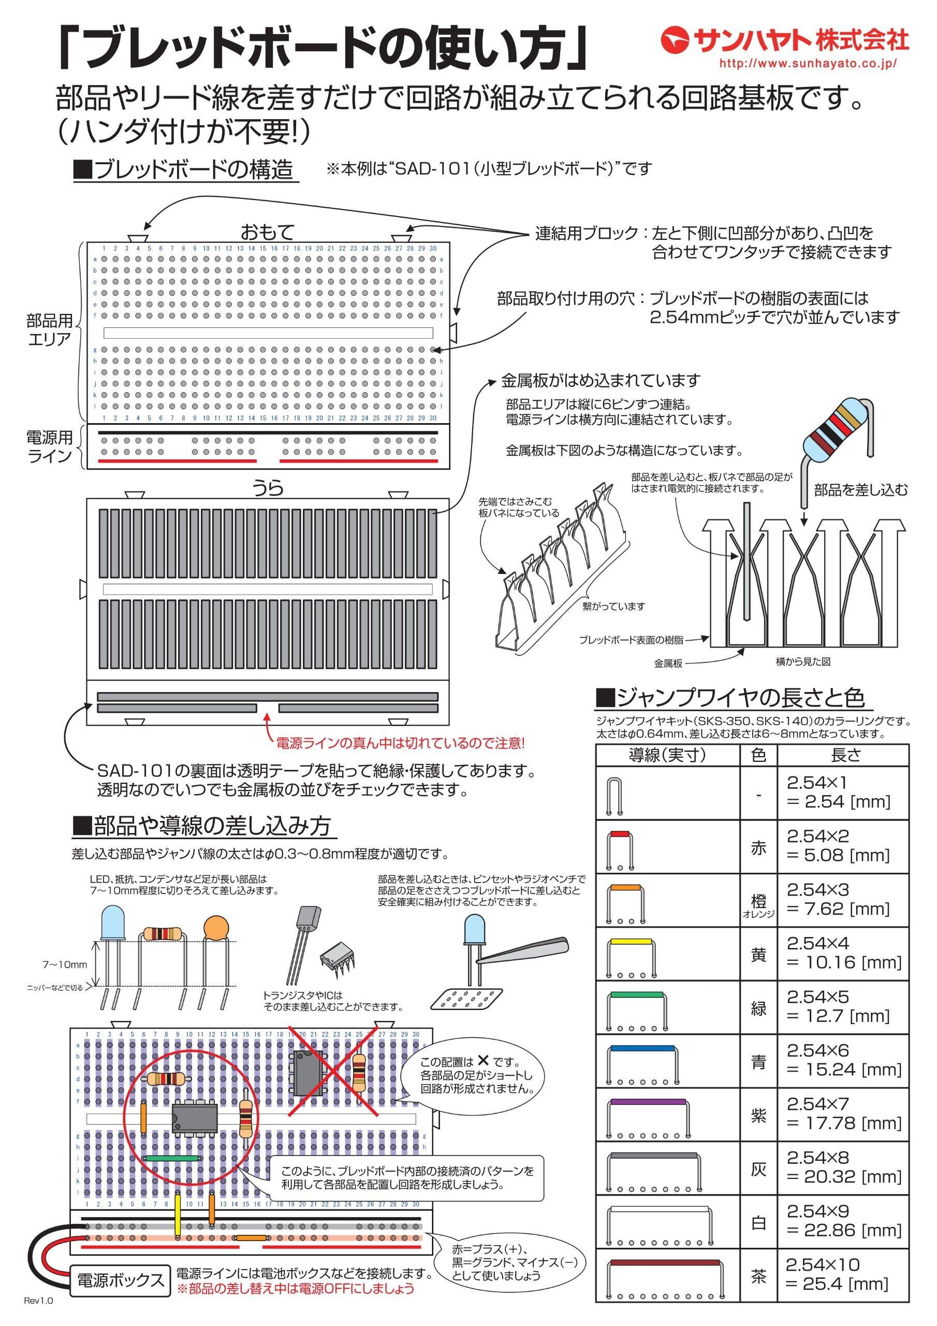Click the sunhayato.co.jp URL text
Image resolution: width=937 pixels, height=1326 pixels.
(808, 64)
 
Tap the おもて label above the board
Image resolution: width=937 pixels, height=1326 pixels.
(268, 232)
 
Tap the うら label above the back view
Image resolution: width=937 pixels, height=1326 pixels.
(268, 489)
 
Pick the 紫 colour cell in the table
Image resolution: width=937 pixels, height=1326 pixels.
(758, 1114)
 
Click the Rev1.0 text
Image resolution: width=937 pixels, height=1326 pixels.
(38, 1313)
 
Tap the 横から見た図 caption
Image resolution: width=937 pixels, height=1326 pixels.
(803, 662)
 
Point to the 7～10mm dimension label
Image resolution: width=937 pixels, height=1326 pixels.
(65, 964)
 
